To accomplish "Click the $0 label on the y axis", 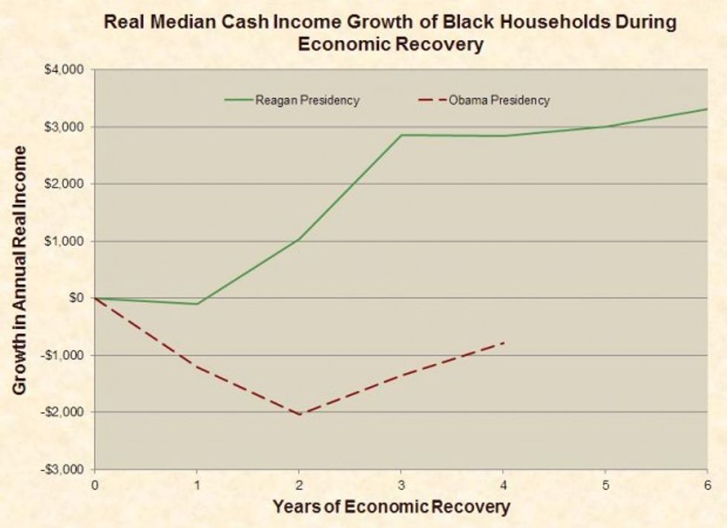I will click(77, 298).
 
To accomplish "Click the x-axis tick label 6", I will click(707, 485).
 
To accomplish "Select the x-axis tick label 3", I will click(401, 485).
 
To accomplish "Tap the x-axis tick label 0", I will click(95, 485).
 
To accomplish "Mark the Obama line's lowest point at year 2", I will click(299, 414).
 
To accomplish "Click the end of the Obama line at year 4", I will click(504, 342).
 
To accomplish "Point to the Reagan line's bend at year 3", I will click(401, 135).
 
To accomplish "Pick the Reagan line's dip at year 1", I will click(197, 304).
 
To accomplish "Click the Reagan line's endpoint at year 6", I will click(707, 109).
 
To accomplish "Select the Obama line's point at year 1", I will click(197, 366).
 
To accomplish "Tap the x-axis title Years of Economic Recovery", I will click(391, 508).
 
